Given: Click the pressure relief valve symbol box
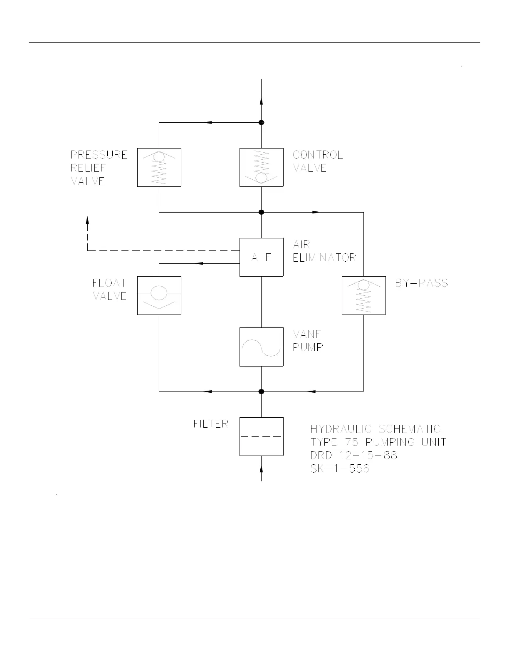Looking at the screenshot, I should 159,167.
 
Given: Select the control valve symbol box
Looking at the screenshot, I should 262,167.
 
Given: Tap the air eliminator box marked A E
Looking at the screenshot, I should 262,257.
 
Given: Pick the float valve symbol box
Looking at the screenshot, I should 159,295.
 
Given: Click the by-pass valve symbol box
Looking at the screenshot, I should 364,295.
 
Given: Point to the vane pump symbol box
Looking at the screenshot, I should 262,347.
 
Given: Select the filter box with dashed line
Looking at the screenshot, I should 262,436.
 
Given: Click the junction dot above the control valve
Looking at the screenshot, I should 262,122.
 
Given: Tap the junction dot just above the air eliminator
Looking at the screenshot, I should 262,212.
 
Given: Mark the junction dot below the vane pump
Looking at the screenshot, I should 262,391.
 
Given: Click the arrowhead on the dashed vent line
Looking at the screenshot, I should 88,220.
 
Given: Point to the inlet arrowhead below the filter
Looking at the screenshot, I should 262,469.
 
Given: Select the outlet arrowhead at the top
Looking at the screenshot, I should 262,102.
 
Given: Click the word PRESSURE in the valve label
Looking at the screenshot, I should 99,155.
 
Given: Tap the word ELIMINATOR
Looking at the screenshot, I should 324,258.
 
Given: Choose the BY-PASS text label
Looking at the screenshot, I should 421,283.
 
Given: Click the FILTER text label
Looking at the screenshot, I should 211,424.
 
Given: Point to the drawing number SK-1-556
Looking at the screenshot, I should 340,469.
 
